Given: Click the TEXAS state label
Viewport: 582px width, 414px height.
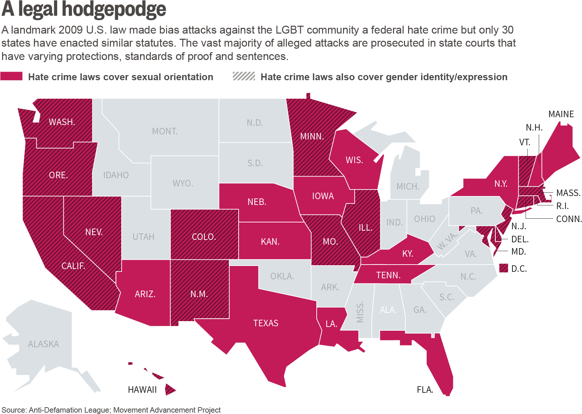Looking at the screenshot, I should point(266,323).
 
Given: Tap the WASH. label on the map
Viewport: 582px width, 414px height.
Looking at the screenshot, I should point(62,122).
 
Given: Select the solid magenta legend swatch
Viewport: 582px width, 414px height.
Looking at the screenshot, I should point(12,76).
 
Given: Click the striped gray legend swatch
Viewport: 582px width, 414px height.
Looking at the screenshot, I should point(244,76).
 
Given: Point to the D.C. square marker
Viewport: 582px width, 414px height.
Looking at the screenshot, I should point(503,268).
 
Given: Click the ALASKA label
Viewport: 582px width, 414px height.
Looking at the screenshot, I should point(43,344).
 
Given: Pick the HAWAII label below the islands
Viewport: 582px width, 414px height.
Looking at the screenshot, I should point(142,390).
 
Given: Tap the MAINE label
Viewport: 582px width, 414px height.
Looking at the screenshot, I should point(561,114).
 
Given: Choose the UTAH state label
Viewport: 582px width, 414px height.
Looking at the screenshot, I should point(143,237).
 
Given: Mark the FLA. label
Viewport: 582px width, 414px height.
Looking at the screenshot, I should point(425,390).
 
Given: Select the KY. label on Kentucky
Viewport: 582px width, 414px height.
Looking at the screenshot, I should point(408,254).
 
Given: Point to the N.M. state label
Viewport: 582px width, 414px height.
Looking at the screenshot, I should point(199,294).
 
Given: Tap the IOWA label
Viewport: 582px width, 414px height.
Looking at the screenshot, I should point(323,196).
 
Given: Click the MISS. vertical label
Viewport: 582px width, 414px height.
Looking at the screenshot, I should point(360,312).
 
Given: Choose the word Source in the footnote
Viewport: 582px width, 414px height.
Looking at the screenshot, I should point(13,410).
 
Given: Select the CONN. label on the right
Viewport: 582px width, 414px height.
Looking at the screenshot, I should point(569,219).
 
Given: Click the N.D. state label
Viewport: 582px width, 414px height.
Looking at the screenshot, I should point(255,123).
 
